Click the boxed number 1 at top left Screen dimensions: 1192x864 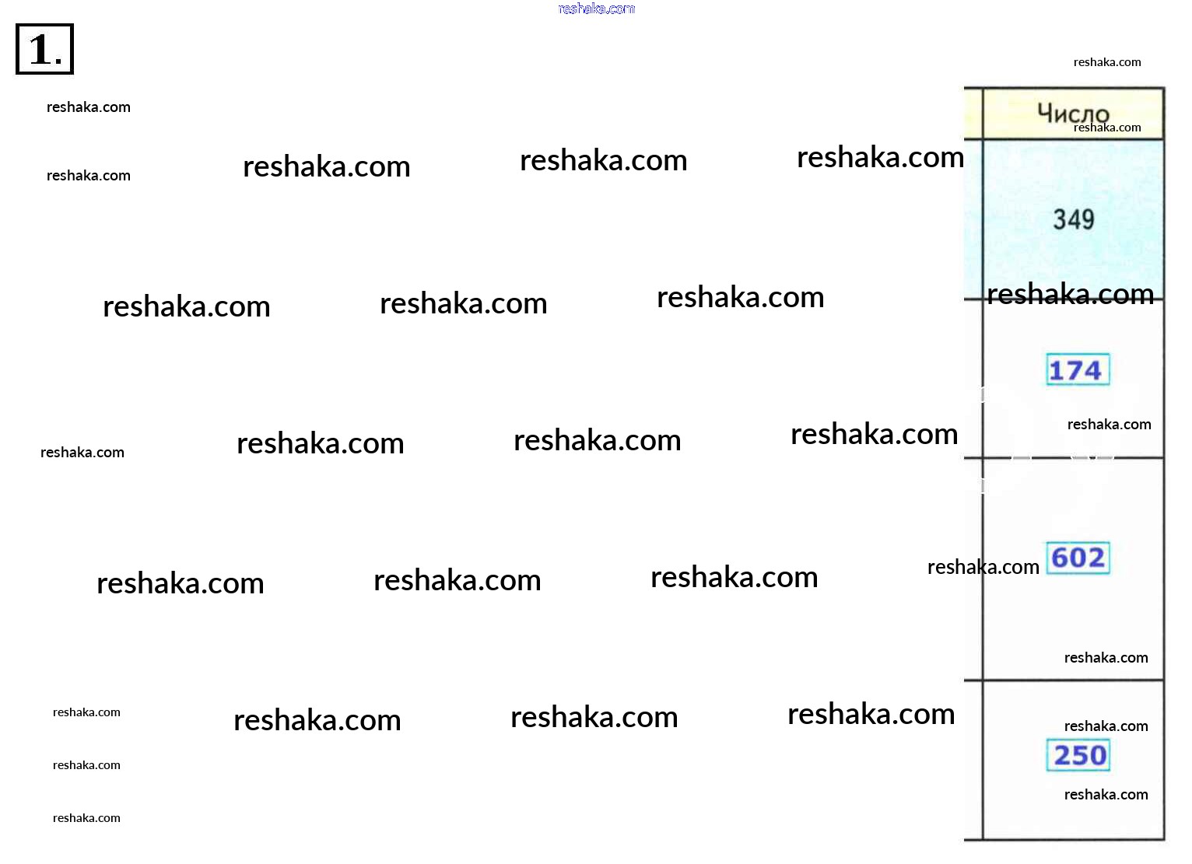[44, 49]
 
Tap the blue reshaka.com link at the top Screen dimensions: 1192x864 [597, 9]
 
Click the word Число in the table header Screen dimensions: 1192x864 [1073, 113]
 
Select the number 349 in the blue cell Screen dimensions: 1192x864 [1074, 219]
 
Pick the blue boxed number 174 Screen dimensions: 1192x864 [1078, 369]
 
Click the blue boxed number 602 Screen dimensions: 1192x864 [1078, 558]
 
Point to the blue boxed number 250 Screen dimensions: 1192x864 [1078, 755]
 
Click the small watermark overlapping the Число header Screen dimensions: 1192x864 [1107, 128]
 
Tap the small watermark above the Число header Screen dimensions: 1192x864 [1107, 62]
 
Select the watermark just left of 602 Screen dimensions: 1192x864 [983, 567]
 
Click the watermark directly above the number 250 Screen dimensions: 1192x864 [1106, 726]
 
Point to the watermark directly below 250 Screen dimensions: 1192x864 [1106, 794]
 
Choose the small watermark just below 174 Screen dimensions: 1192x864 [1109, 424]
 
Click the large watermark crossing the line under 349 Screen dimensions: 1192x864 [1071, 294]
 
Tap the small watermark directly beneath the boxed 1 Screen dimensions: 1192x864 [89, 107]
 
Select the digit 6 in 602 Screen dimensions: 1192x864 [1060, 558]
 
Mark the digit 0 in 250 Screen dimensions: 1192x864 [1097, 755]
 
